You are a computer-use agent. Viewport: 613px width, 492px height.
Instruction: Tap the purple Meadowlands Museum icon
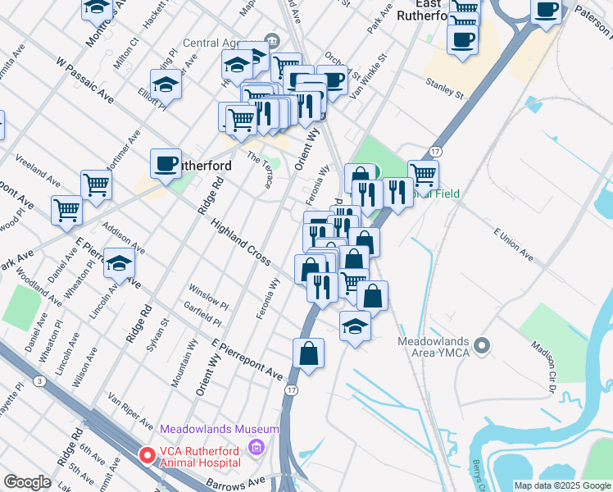coord(257,447)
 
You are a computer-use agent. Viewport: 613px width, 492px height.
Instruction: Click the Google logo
coord(28,482)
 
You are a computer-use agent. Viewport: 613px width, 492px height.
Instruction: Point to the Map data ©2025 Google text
coord(562,485)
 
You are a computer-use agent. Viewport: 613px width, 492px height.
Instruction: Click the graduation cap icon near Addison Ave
coord(120,263)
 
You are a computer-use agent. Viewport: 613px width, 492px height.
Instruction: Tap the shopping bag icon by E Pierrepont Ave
coord(309,353)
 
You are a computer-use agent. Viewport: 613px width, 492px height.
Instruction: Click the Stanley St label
coord(444,88)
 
